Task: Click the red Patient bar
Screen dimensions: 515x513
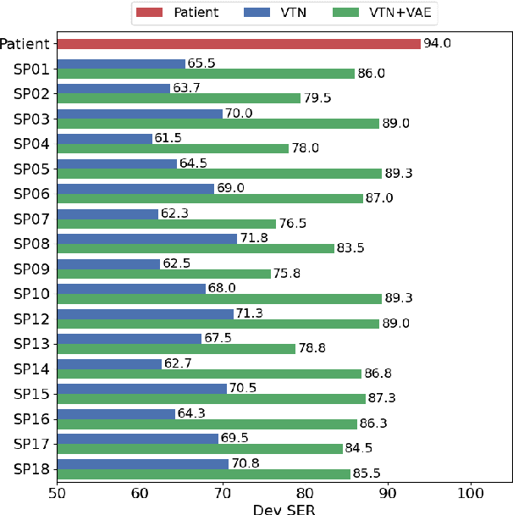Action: (238, 44)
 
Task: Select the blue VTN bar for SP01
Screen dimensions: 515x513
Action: (120, 64)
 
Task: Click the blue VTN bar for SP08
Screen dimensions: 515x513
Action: (146, 239)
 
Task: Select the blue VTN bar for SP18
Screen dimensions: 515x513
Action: (142, 463)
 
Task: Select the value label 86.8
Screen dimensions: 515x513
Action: (378, 373)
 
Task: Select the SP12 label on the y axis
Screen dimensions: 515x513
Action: (30, 318)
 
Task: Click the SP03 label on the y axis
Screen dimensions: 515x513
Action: (30, 119)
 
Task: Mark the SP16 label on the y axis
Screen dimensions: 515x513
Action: (30, 418)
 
